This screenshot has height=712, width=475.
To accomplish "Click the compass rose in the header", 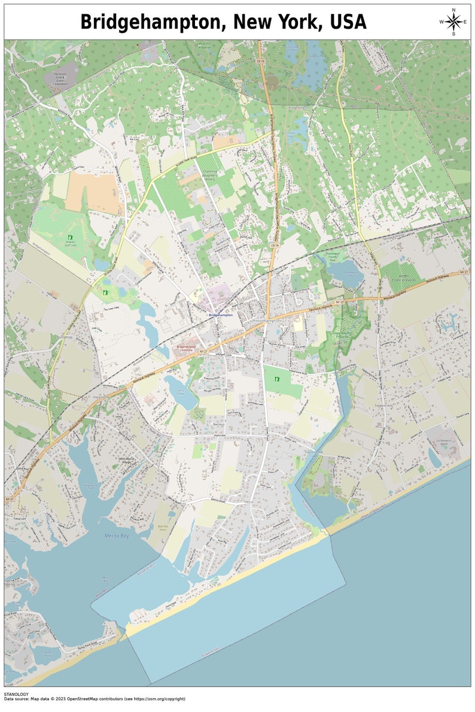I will click(453, 23).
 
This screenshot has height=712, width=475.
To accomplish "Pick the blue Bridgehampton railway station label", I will click(220, 314).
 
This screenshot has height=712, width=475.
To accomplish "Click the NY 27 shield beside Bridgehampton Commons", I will click(203, 351).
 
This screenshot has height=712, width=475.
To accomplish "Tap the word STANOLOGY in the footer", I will click(16, 694).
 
